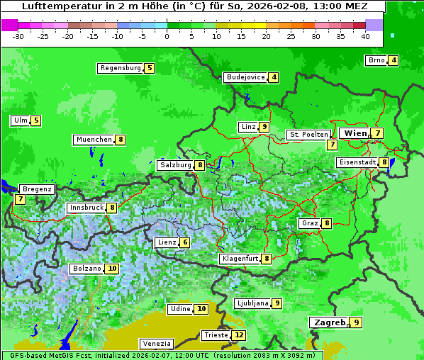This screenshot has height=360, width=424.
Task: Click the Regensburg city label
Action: pos(121,69)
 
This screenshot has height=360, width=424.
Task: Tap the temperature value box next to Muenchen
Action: pos(121,140)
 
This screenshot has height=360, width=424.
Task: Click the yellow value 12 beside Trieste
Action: pos(239,335)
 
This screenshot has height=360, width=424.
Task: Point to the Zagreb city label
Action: pos(328,322)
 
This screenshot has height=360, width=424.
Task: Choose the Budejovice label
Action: pos(245,77)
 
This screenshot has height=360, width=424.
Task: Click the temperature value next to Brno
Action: pos(393,60)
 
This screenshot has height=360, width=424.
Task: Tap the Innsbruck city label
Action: pos(86,208)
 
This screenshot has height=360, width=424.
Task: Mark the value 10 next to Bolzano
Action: pos(112,269)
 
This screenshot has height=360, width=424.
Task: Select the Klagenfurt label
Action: pos(240,259)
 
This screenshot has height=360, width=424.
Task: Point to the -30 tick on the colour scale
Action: pos(18,36)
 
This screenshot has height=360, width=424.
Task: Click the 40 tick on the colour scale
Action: pos(365,36)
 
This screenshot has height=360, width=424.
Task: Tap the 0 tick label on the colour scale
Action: pos(167,36)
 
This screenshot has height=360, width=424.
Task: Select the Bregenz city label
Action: pos(37,189)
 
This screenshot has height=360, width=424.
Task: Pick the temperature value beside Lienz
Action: pos(185,242)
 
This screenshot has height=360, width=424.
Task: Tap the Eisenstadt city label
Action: pos(357,162)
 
